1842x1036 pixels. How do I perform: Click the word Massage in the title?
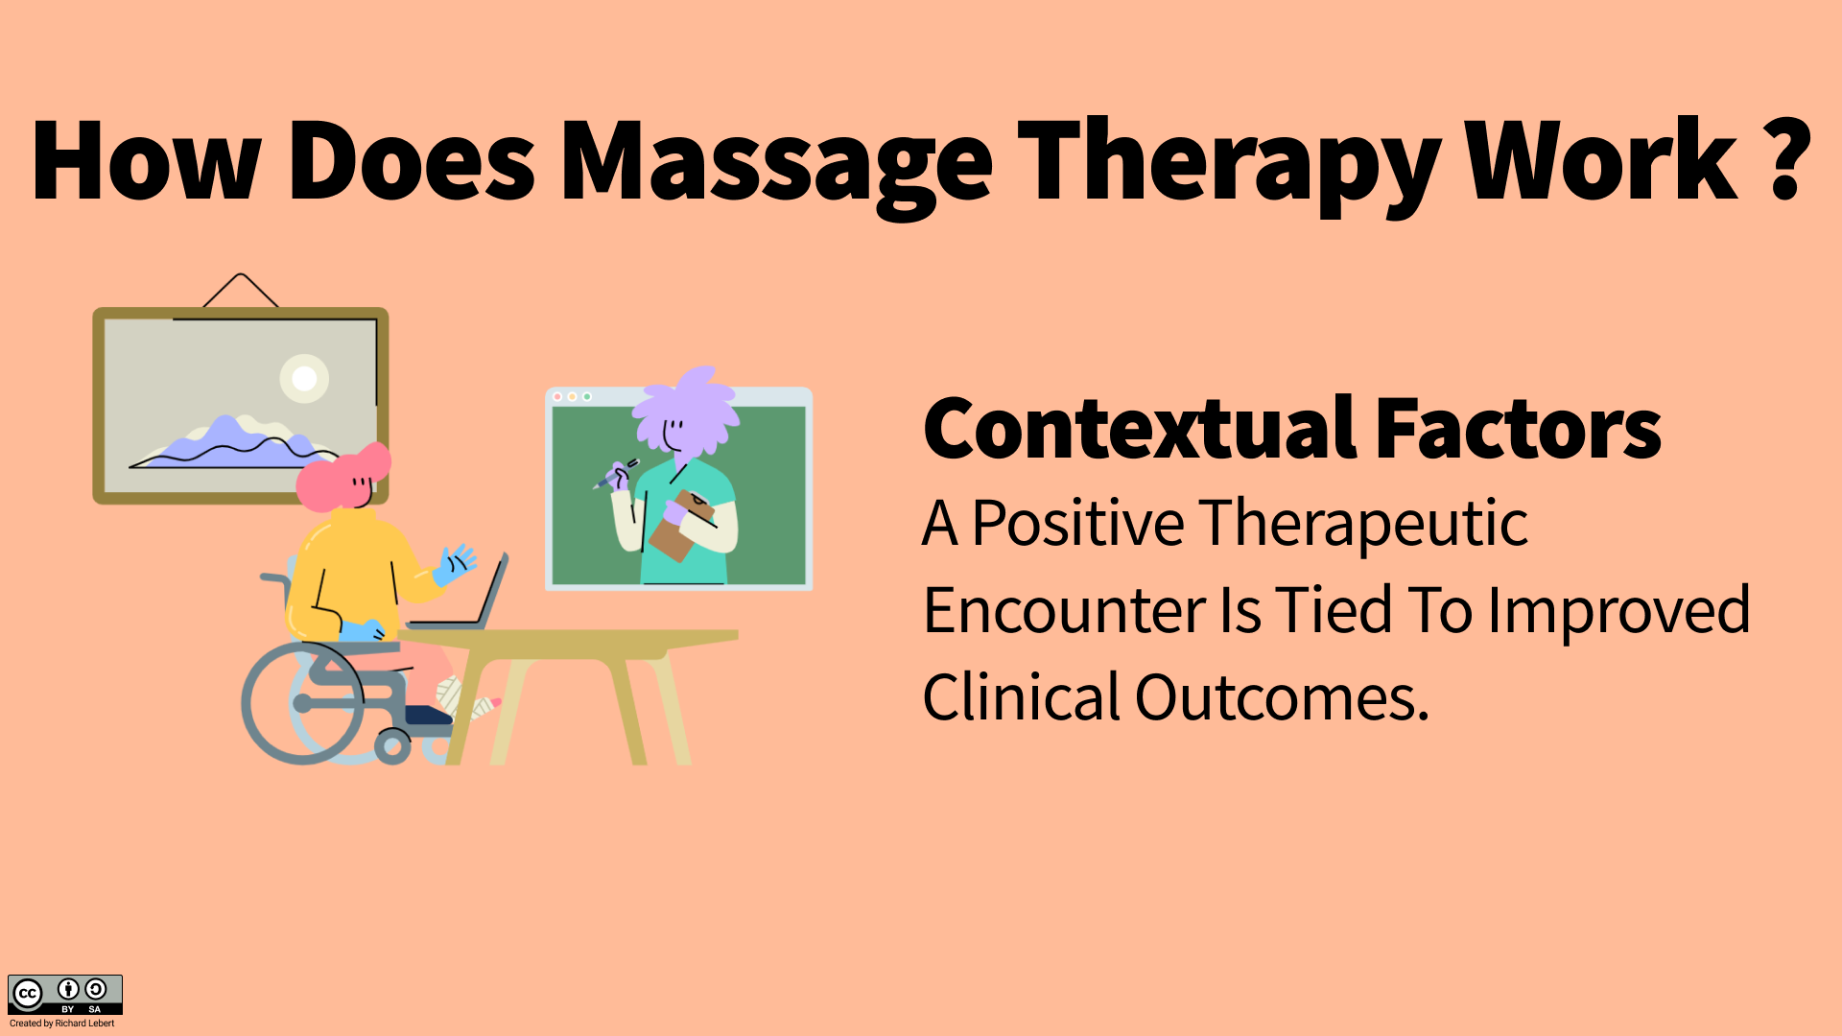(775, 163)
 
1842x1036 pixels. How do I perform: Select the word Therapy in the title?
(1229, 163)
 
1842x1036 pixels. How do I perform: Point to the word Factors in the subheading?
(1518, 430)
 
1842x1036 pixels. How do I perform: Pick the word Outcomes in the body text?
(1282, 697)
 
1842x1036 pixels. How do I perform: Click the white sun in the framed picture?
(304, 379)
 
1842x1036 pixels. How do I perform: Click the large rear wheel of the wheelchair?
(302, 703)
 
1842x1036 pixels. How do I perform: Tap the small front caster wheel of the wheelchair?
(392, 746)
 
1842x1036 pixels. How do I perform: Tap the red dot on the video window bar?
(557, 396)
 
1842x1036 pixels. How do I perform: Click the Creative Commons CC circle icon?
(28, 994)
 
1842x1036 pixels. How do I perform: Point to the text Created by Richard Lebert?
(61, 1024)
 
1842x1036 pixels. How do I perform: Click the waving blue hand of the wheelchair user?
(455, 564)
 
